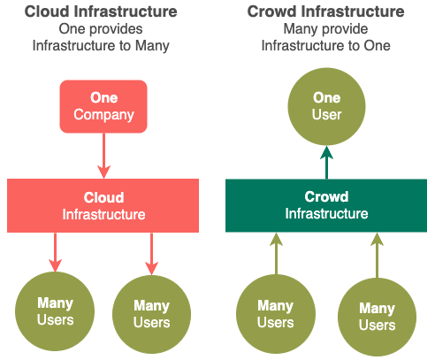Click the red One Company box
(103, 106)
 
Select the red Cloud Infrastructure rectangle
(103, 205)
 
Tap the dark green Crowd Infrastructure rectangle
(326, 205)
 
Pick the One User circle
(326, 106)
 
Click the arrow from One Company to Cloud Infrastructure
(103, 156)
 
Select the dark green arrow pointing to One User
(326, 162)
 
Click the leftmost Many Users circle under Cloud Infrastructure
(55, 311)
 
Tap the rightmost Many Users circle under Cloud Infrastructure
(151, 314)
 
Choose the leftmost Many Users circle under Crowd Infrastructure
(276, 314)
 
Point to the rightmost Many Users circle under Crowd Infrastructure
(377, 318)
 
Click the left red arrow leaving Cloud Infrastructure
(55, 252)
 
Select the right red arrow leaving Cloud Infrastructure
(151, 254)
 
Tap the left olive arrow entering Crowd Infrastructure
(276, 254)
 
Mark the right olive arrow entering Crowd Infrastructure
(377, 255)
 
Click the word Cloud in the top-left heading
(47, 11)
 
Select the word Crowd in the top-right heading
(271, 11)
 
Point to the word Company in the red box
(103, 115)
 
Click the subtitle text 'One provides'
(101, 29)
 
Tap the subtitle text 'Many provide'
(325, 29)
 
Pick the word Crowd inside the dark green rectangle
(326, 196)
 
